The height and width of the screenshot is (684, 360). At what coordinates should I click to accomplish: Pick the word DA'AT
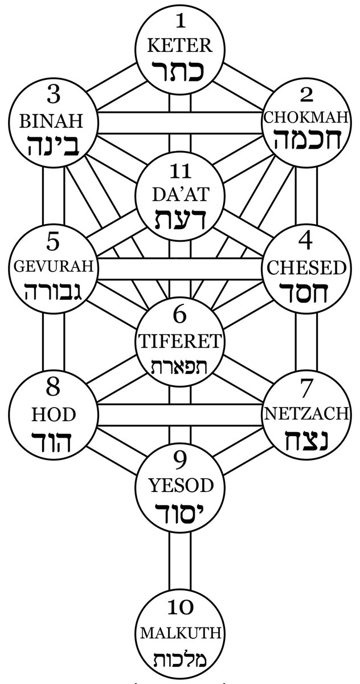point(180,195)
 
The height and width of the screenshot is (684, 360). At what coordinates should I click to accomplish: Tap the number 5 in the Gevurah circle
point(53,242)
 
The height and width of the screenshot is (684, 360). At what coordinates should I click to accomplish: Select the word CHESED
point(305,267)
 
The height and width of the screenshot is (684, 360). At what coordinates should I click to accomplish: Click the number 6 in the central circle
point(180,314)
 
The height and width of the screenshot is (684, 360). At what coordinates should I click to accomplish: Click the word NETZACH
point(305,414)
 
